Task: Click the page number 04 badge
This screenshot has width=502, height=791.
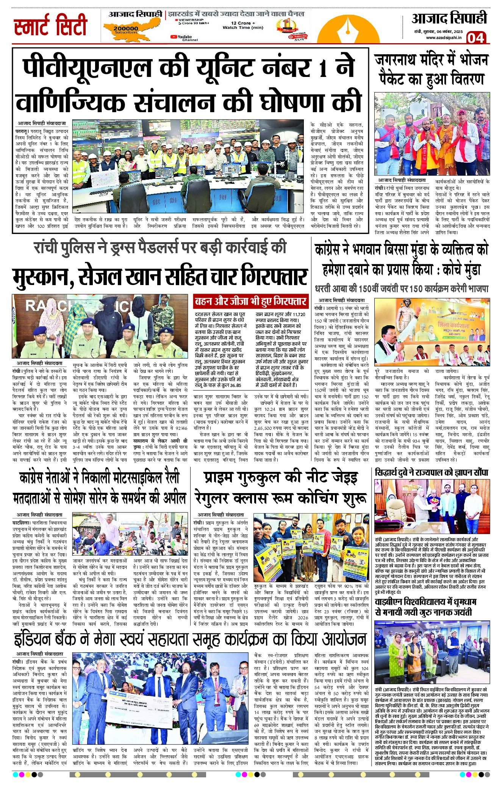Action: pyautogui.click(x=475, y=38)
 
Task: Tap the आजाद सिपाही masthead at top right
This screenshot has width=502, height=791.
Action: pyautogui.click(x=449, y=18)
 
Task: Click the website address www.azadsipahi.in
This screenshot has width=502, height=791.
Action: pyautogui.click(x=444, y=38)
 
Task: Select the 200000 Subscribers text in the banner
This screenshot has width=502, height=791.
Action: pyautogui.click(x=126, y=30)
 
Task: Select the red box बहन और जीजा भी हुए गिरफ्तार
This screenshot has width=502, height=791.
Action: pyautogui.click(x=250, y=302)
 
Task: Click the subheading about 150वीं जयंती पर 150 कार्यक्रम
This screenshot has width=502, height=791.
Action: pyautogui.click(x=401, y=289)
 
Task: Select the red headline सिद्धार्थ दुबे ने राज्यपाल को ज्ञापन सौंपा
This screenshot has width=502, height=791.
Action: pyautogui.click(x=431, y=473)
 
